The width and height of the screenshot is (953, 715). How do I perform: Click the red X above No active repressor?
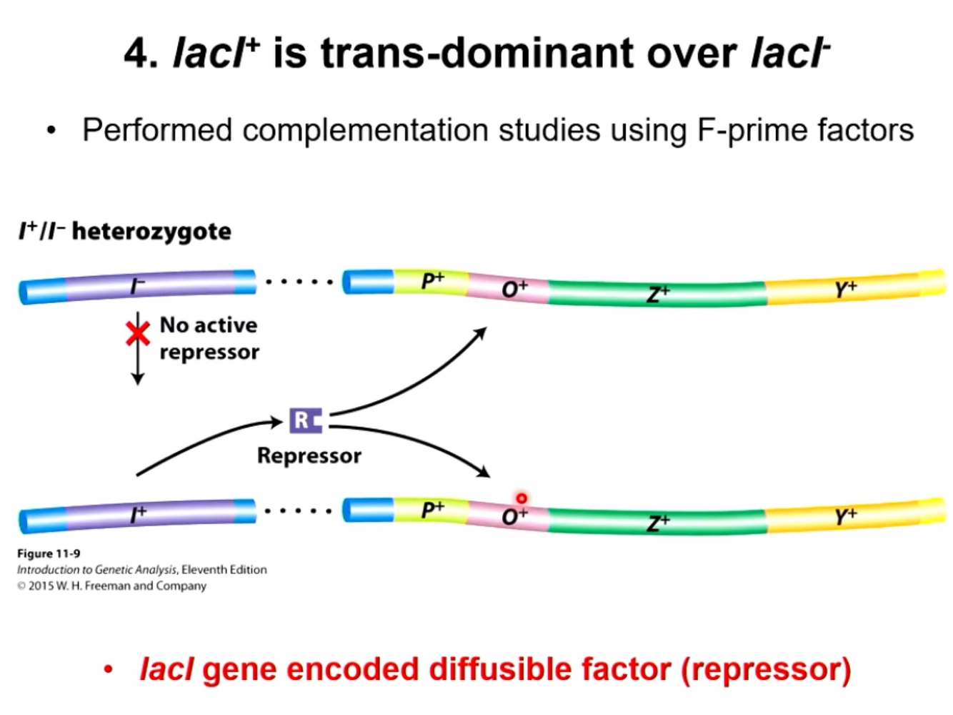(137, 333)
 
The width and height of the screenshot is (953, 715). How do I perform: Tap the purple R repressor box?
(305, 420)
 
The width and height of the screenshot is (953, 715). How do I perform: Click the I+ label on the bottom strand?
(138, 513)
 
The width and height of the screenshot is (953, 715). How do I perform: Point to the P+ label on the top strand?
(432, 281)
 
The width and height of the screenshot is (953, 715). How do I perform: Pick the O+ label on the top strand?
(514, 289)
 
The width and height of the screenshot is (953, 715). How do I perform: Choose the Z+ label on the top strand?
(658, 293)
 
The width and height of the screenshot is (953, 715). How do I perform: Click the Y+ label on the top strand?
(845, 289)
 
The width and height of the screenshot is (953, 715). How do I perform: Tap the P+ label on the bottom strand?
(432, 509)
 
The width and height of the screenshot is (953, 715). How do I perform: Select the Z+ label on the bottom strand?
(658, 523)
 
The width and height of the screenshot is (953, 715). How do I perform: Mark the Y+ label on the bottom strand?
(845, 516)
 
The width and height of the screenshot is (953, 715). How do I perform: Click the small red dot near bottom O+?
(522, 498)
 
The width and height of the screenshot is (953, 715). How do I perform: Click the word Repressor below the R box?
(309, 455)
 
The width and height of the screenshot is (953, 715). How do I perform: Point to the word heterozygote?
(151, 232)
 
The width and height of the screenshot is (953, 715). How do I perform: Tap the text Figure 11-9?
(49, 553)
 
